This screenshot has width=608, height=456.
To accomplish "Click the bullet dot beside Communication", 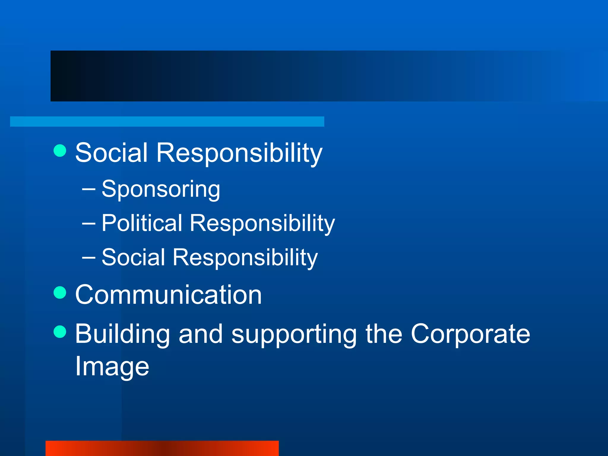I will tap(60, 292).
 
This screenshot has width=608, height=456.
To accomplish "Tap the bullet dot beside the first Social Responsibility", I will tap(60, 151).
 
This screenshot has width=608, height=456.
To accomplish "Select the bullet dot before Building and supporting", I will tap(60, 332).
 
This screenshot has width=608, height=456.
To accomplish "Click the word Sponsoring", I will tap(161, 189).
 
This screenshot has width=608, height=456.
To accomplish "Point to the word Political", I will tap(142, 223).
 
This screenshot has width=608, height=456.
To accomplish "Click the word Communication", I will tap(168, 295).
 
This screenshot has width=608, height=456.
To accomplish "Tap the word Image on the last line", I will tap(112, 367).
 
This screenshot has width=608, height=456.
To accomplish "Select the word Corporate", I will tap(470, 334).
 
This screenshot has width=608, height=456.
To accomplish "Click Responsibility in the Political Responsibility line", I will tap(262, 224).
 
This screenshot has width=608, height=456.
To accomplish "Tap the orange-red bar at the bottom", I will tap(162, 448).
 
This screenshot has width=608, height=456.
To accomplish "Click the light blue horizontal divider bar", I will tap(167, 121).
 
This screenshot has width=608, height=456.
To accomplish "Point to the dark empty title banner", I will tap(297, 76).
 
